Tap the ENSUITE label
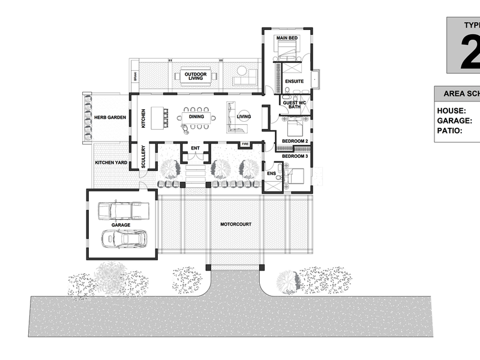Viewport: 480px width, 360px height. click(295, 82)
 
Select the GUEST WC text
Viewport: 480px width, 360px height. click(295, 103)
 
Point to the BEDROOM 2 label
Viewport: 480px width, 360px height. click(295, 142)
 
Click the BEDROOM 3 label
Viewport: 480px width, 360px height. click(295, 156)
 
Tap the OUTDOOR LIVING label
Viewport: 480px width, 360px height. click(196, 77)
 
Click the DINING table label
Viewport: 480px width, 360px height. click(197, 118)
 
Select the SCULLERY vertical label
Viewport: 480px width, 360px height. click(143, 157)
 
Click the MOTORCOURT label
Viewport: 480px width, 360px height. click(235, 224)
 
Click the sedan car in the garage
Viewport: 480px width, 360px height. click(122, 239)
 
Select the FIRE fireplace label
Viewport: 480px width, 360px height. click(245, 145)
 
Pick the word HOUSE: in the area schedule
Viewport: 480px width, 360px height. click(452, 111)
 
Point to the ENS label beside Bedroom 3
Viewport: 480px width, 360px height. click(271, 174)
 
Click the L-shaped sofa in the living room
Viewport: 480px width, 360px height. click(234, 119)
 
